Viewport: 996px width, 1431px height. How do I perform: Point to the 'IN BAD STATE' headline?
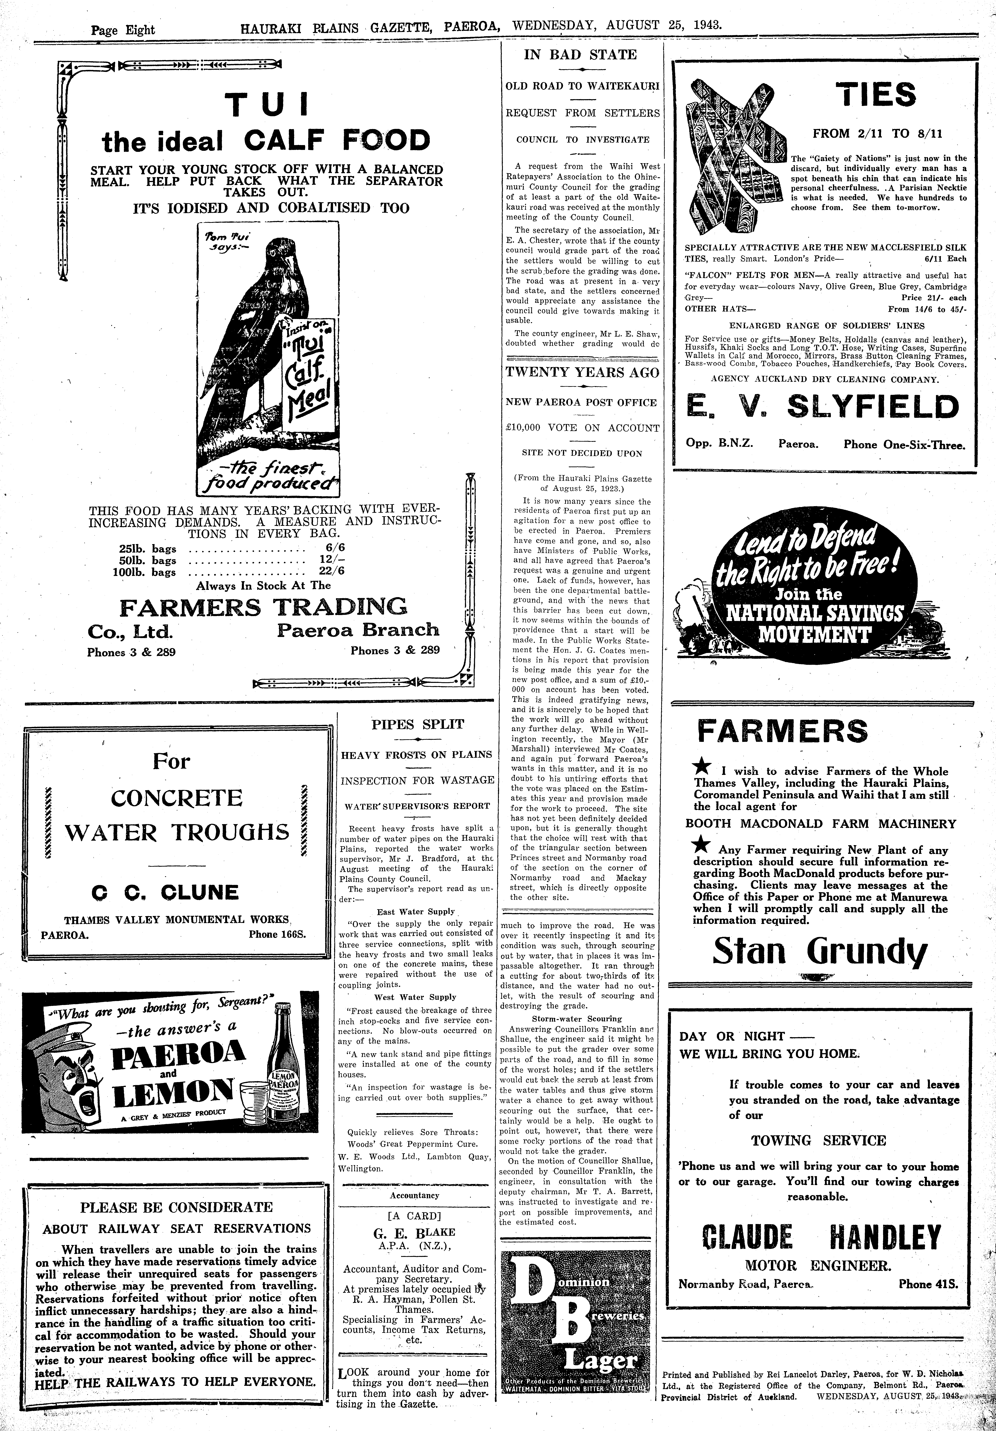tap(580, 55)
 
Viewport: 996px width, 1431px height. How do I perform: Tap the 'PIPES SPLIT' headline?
tap(417, 724)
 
